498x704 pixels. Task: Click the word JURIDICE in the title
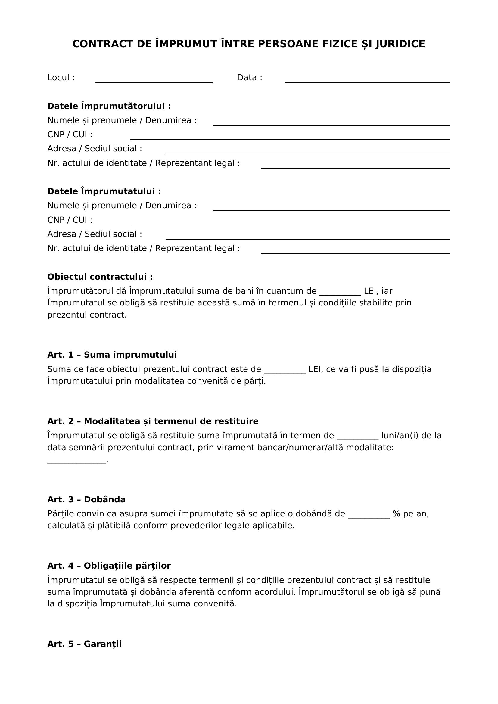(x=400, y=44)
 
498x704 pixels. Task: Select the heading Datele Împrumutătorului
(x=109, y=106)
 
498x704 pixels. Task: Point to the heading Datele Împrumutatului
(x=104, y=191)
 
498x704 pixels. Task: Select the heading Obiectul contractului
(x=100, y=277)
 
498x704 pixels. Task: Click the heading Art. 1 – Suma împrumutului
(x=112, y=355)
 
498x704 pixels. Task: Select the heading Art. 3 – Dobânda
(x=86, y=500)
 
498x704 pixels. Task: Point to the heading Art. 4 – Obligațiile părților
(x=109, y=566)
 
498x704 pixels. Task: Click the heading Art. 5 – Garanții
(x=84, y=644)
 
